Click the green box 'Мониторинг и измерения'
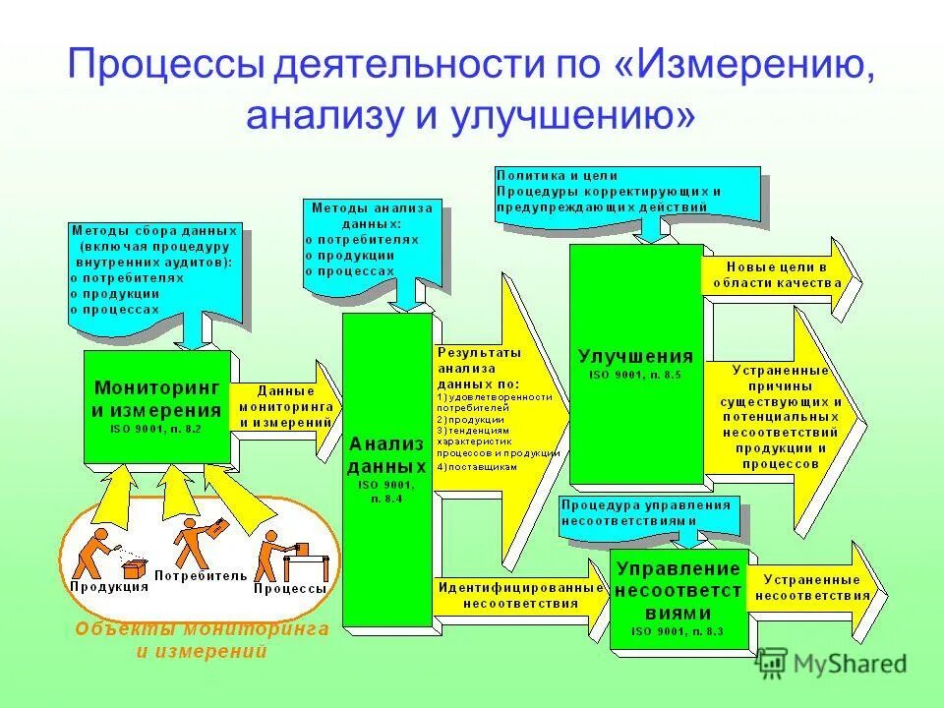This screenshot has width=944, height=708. pyautogui.click(x=156, y=405)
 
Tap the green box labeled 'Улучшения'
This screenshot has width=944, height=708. pyautogui.click(x=635, y=364)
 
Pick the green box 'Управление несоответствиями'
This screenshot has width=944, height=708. pyautogui.click(x=678, y=598)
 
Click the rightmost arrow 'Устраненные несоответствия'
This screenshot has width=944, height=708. pyautogui.click(x=813, y=588)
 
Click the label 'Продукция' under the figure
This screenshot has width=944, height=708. pyautogui.click(x=109, y=586)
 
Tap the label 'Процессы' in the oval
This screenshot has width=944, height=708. pyautogui.click(x=290, y=588)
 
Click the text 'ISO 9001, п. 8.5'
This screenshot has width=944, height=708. pyautogui.click(x=635, y=377)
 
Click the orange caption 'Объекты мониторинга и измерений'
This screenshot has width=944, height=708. pyautogui.click(x=201, y=639)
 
